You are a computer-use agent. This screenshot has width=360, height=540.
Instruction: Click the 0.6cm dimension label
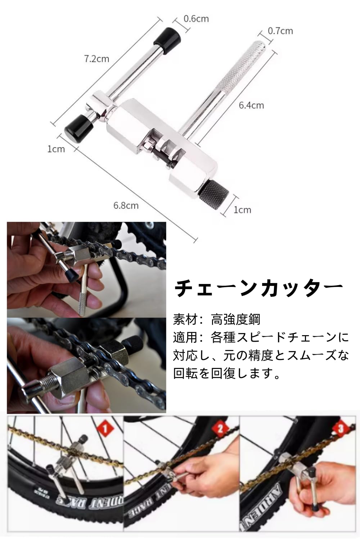click(x=196, y=19)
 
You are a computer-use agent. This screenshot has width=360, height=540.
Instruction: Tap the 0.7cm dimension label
click(x=280, y=31)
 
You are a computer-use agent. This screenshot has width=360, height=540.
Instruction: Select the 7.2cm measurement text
click(x=96, y=59)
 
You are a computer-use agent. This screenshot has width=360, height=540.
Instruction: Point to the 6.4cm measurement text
click(x=251, y=105)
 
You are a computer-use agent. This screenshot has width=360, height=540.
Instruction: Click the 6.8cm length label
click(x=126, y=206)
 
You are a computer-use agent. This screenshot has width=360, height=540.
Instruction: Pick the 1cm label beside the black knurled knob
click(x=242, y=210)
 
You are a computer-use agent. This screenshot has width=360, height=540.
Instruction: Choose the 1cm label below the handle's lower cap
click(x=56, y=149)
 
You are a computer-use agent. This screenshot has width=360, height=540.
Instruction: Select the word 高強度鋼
click(x=235, y=319)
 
